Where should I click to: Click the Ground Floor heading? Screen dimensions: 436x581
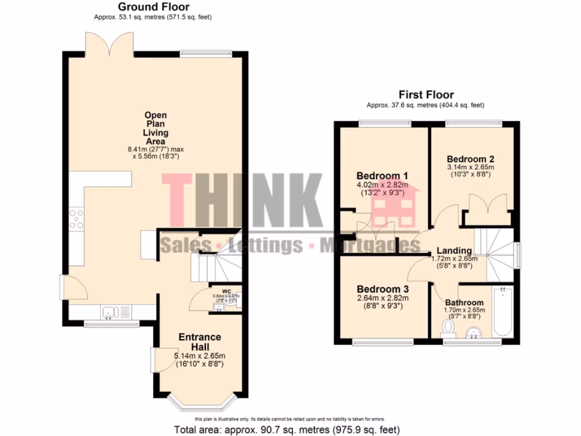pos(153,7)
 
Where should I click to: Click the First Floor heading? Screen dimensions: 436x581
pos(426,95)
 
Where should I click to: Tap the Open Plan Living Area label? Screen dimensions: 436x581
pos(154,128)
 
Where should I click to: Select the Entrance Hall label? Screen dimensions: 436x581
pos(200,342)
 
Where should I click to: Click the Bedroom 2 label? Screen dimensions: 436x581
pos(470,158)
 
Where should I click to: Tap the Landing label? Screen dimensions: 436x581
pos(454,250)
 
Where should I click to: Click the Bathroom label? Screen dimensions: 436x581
pos(464,303)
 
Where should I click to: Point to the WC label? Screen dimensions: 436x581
pos(226,292)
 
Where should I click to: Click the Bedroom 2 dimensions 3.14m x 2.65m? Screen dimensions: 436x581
pos(470,167)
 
